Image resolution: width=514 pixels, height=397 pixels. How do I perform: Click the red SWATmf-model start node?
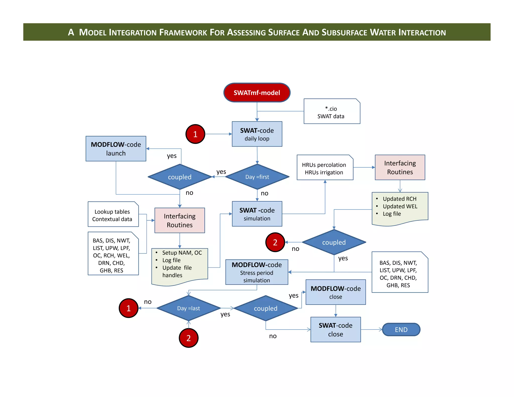click(257, 93)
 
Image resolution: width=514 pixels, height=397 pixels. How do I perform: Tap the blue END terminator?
click(401, 329)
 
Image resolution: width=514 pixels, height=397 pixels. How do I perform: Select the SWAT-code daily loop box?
click(257, 134)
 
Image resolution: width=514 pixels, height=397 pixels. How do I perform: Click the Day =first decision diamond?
click(257, 177)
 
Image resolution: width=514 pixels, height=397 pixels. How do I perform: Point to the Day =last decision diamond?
click(188, 308)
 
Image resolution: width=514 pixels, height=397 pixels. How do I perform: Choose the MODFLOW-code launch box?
click(116, 149)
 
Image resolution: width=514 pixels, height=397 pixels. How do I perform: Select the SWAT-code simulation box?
click(257, 214)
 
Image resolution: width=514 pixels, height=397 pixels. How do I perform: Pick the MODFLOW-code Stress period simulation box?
click(257, 272)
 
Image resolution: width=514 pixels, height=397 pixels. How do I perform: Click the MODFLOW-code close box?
click(336, 292)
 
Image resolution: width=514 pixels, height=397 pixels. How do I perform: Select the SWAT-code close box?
click(336, 329)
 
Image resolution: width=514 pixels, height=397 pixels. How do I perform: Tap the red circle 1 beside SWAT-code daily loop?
click(195, 134)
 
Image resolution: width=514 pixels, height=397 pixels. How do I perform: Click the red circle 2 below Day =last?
click(188, 338)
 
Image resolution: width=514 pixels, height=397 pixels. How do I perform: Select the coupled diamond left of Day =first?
click(180, 177)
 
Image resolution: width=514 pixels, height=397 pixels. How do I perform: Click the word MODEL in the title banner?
click(93, 32)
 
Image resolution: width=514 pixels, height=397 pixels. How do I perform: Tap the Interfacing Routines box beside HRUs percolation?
click(400, 167)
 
